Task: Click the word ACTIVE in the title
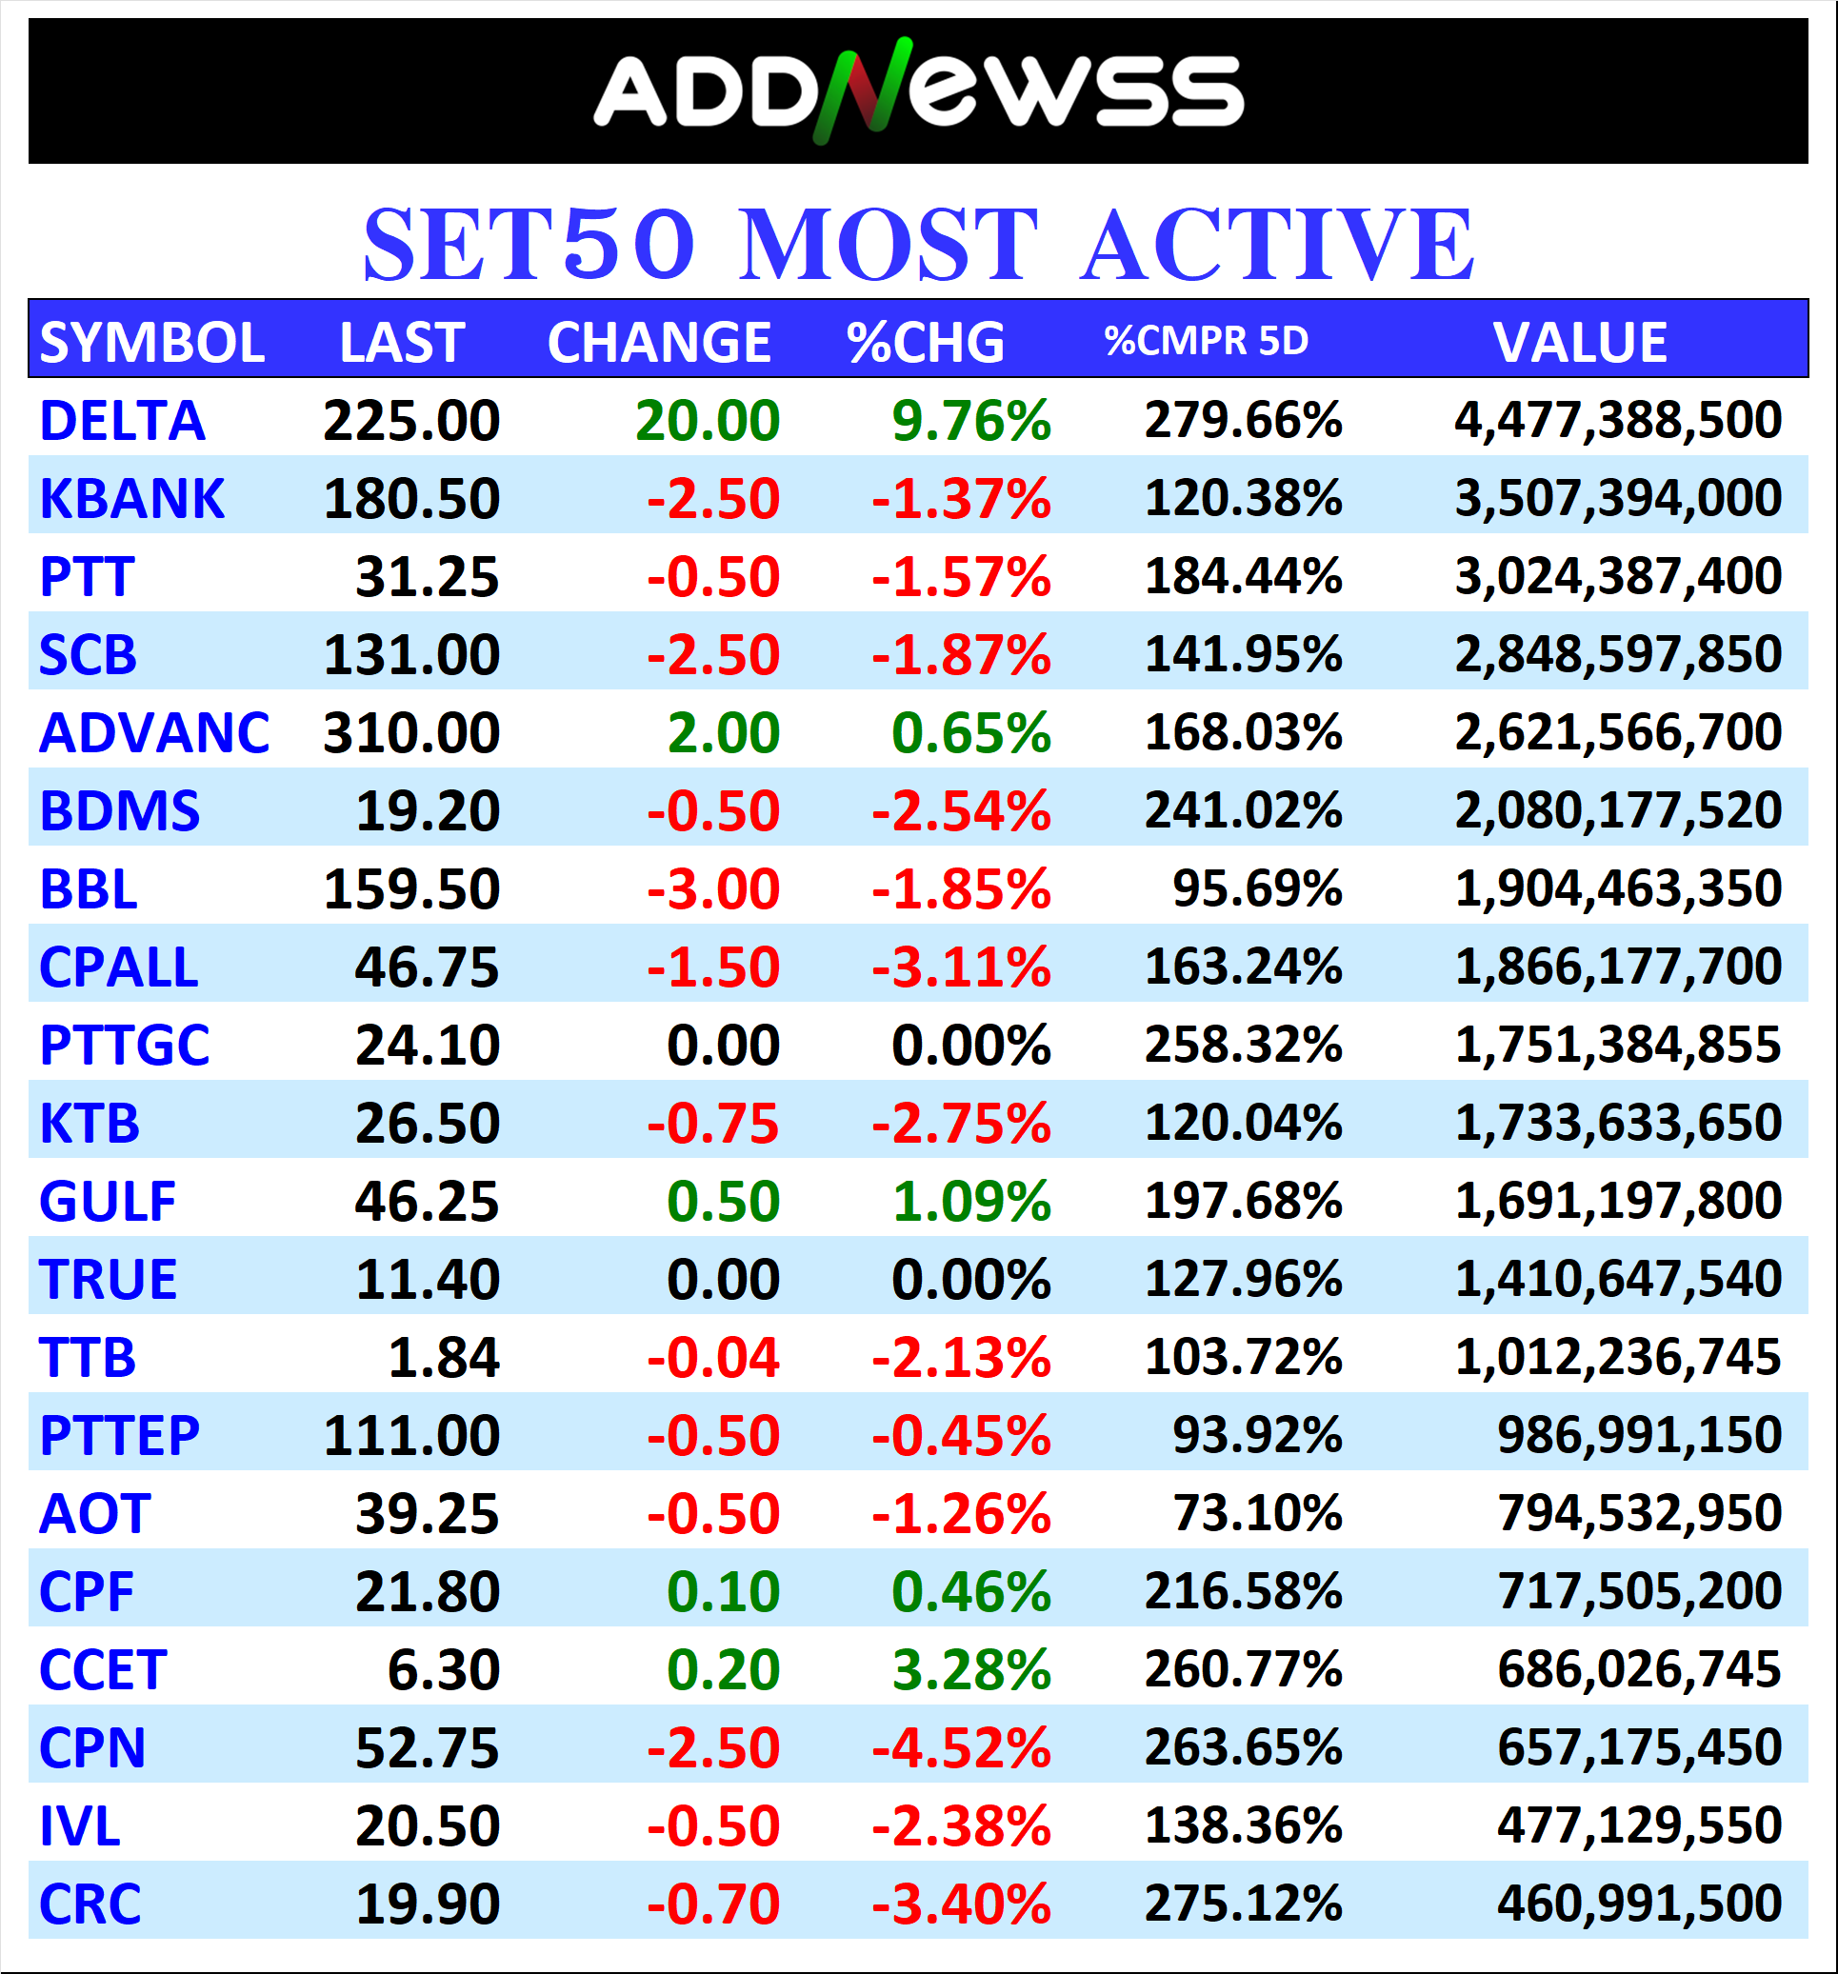coord(1277,245)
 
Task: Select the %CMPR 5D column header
coord(1206,341)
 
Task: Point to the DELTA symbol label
coord(122,421)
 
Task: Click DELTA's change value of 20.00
coord(707,421)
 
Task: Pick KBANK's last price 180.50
coord(411,498)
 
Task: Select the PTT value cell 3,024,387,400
coord(1618,576)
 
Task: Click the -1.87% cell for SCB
coord(960,654)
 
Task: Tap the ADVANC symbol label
coord(154,733)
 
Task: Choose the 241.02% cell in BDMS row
coord(1242,810)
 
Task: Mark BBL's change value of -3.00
coord(713,888)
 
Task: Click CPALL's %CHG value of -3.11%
coord(960,967)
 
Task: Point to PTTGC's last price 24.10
coord(427,1046)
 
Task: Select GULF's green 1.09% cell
coord(970,1202)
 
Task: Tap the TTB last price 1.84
coord(443,1357)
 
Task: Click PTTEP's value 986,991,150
coord(1638,1435)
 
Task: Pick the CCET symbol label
coord(102,1670)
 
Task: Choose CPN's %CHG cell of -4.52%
coord(960,1747)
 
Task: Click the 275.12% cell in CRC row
coord(1242,1904)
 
